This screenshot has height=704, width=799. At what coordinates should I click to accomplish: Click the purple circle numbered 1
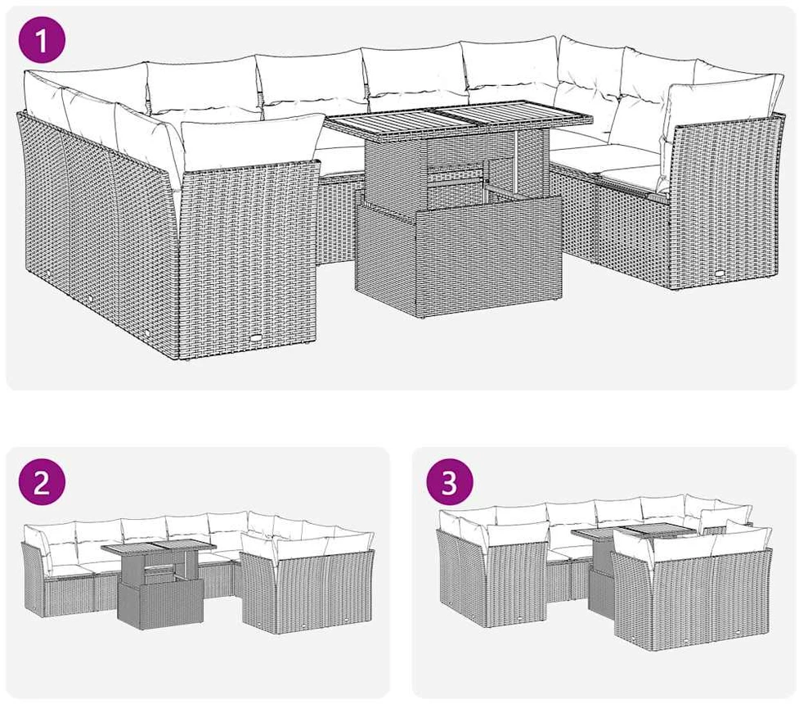point(42,40)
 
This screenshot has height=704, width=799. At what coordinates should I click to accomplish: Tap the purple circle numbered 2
point(42,481)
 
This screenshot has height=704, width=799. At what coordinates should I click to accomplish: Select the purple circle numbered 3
point(450,481)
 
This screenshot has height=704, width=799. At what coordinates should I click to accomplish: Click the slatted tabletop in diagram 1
point(459,120)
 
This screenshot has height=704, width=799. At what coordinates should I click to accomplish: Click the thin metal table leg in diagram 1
point(517,162)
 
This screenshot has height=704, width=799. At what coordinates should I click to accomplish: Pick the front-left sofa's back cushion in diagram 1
point(252,142)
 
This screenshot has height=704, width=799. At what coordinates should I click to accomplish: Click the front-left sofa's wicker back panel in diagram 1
point(249,258)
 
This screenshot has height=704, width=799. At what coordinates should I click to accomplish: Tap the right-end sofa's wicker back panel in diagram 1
point(724,204)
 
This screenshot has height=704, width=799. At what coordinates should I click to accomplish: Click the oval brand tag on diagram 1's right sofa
point(720,273)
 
